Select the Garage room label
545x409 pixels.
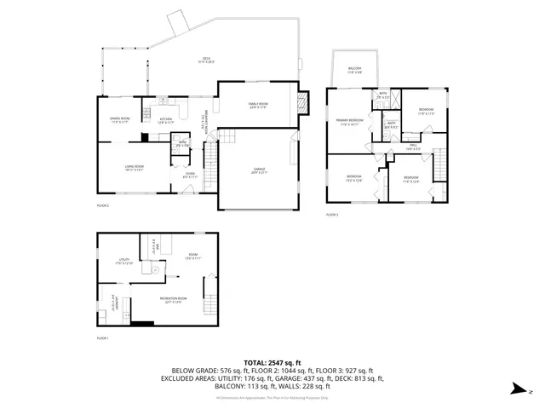pyautogui.click(x=259, y=170)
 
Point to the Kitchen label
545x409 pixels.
pyautogui.click(x=165, y=121)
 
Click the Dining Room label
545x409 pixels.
pyautogui.click(x=119, y=120)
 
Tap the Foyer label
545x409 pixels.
pyautogui.click(x=191, y=176)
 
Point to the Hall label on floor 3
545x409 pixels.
pyautogui.click(x=412, y=147)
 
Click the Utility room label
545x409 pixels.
pyautogui.click(x=124, y=261)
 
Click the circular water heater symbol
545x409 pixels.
pyautogui.click(x=154, y=271)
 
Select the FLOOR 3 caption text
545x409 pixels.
pyautogui.click(x=333, y=214)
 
